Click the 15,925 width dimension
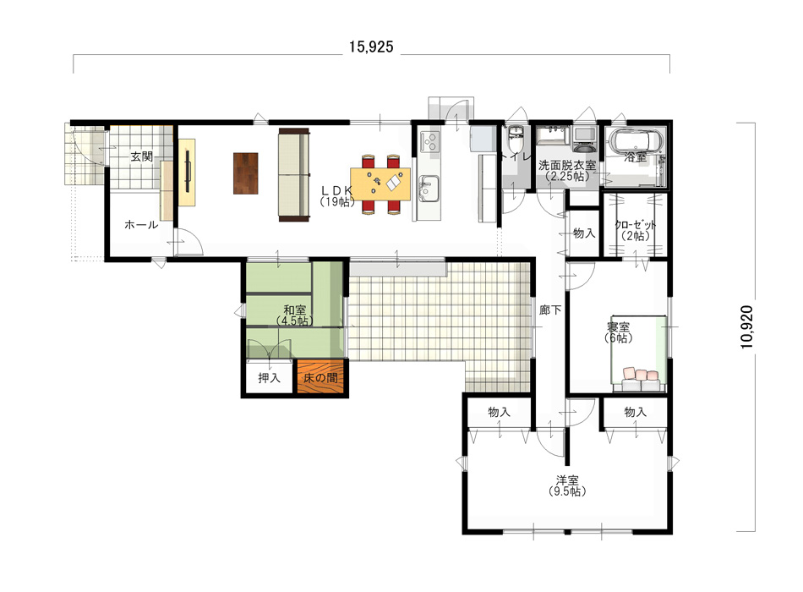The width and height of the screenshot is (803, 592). click(371, 47)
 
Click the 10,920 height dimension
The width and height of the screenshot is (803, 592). click(747, 327)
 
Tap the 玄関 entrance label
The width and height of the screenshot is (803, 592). click(141, 156)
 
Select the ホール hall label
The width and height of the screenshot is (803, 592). click(141, 224)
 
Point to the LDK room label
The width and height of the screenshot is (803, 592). click(337, 189)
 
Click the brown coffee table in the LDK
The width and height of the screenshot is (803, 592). click(246, 173)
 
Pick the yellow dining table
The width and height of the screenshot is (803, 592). click(380, 184)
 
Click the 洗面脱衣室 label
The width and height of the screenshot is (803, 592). click(567, 166)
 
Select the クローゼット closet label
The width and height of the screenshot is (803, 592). click(635, 224)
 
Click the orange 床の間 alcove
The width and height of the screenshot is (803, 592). click(320, 377)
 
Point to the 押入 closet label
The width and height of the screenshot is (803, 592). click(269, 378)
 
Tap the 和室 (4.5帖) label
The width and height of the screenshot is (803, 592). click(295, 315)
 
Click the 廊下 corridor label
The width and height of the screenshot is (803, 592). click(550, 310)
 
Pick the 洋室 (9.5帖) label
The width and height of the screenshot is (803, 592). click(567, 485)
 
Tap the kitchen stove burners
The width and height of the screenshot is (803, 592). click(429, 141)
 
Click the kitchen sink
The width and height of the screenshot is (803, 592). click(429, 188)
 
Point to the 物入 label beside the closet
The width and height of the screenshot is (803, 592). click(584, 233)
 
